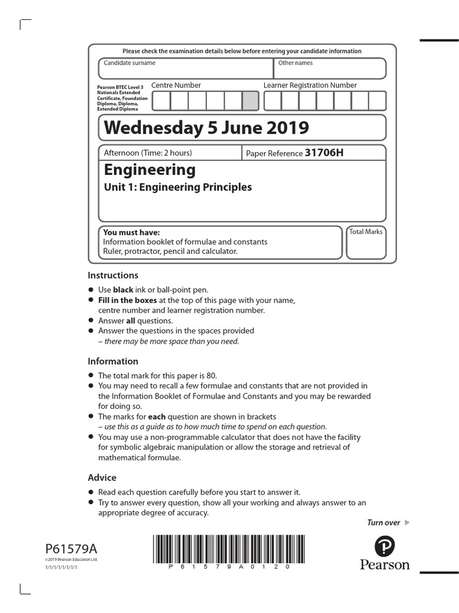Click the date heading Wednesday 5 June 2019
point(206,128)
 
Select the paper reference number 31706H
point(324,153)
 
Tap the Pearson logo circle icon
point(385,546)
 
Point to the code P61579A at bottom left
point(70,549)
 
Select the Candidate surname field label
point(130,63)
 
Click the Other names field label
point(295,63)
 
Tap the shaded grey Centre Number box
point(250,101)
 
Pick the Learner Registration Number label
point(310,85)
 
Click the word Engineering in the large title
point(149,169)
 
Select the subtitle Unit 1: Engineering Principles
point(178,187)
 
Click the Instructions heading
point(113,275)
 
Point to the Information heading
point(113,361)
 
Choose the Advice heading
point(102,477)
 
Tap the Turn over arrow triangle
point(407,523)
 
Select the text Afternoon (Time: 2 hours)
point(148,153)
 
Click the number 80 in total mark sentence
point(212,375)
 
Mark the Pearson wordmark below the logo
point(385,565)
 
